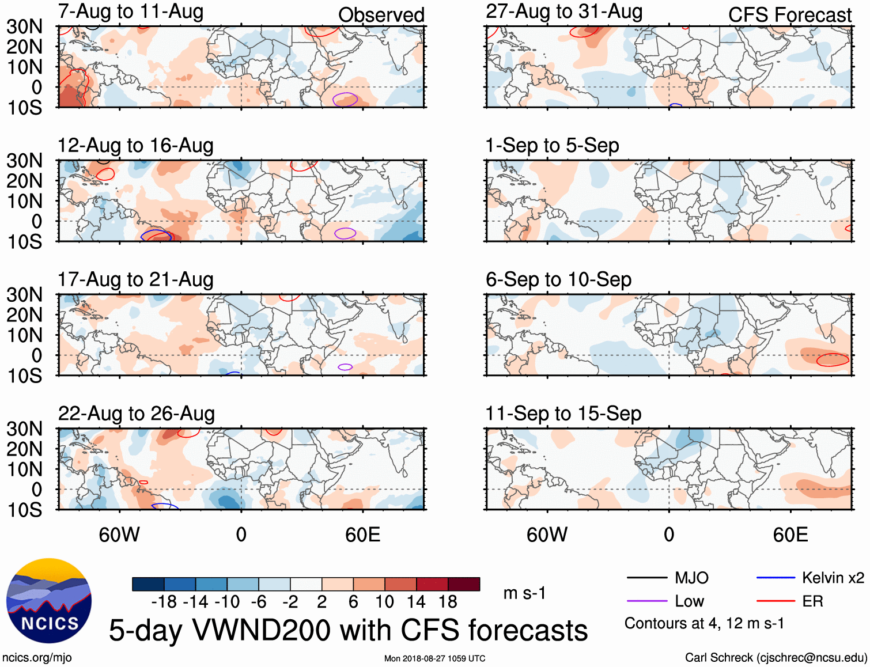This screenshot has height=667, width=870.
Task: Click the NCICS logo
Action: point(49,601)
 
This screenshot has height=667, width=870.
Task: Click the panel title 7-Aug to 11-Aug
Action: point(130,12)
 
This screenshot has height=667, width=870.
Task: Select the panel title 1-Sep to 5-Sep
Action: point(552,146)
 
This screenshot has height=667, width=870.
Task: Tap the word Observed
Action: point(381,15)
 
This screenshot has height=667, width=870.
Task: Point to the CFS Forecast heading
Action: point(789,15)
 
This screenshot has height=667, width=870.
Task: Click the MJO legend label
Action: point(691,578)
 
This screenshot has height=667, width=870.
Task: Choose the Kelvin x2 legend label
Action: point(833,578)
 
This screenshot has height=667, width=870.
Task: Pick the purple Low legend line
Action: point(647,601)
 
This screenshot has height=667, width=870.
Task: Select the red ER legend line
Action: point(776,601)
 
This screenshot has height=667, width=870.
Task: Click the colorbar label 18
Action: point(448,602)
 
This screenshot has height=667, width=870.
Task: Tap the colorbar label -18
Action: point(164,602)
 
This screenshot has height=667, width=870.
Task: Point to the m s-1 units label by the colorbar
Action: point(524,593)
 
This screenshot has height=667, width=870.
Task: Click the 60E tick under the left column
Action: point(362,535)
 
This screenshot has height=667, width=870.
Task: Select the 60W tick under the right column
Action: point(547,535)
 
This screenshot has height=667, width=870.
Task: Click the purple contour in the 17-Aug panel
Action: point(345,367)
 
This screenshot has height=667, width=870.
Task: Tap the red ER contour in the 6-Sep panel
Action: point(833,360)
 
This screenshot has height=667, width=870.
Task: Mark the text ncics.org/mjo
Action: point(37,658)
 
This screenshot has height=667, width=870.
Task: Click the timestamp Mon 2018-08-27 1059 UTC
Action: point(434,658)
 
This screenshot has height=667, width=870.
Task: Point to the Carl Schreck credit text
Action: point(776,658)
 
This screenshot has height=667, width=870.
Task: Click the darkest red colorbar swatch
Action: point(464,584)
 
